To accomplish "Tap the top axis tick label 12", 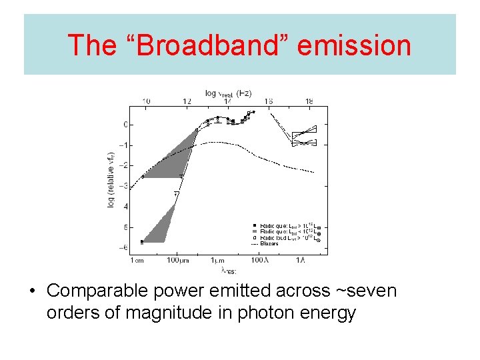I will (187, 101).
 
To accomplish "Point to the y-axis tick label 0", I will (124, 125).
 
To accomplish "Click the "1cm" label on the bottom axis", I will (136, 260).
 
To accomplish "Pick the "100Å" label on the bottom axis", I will (259, 260).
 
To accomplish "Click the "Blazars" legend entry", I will (269, 243).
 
